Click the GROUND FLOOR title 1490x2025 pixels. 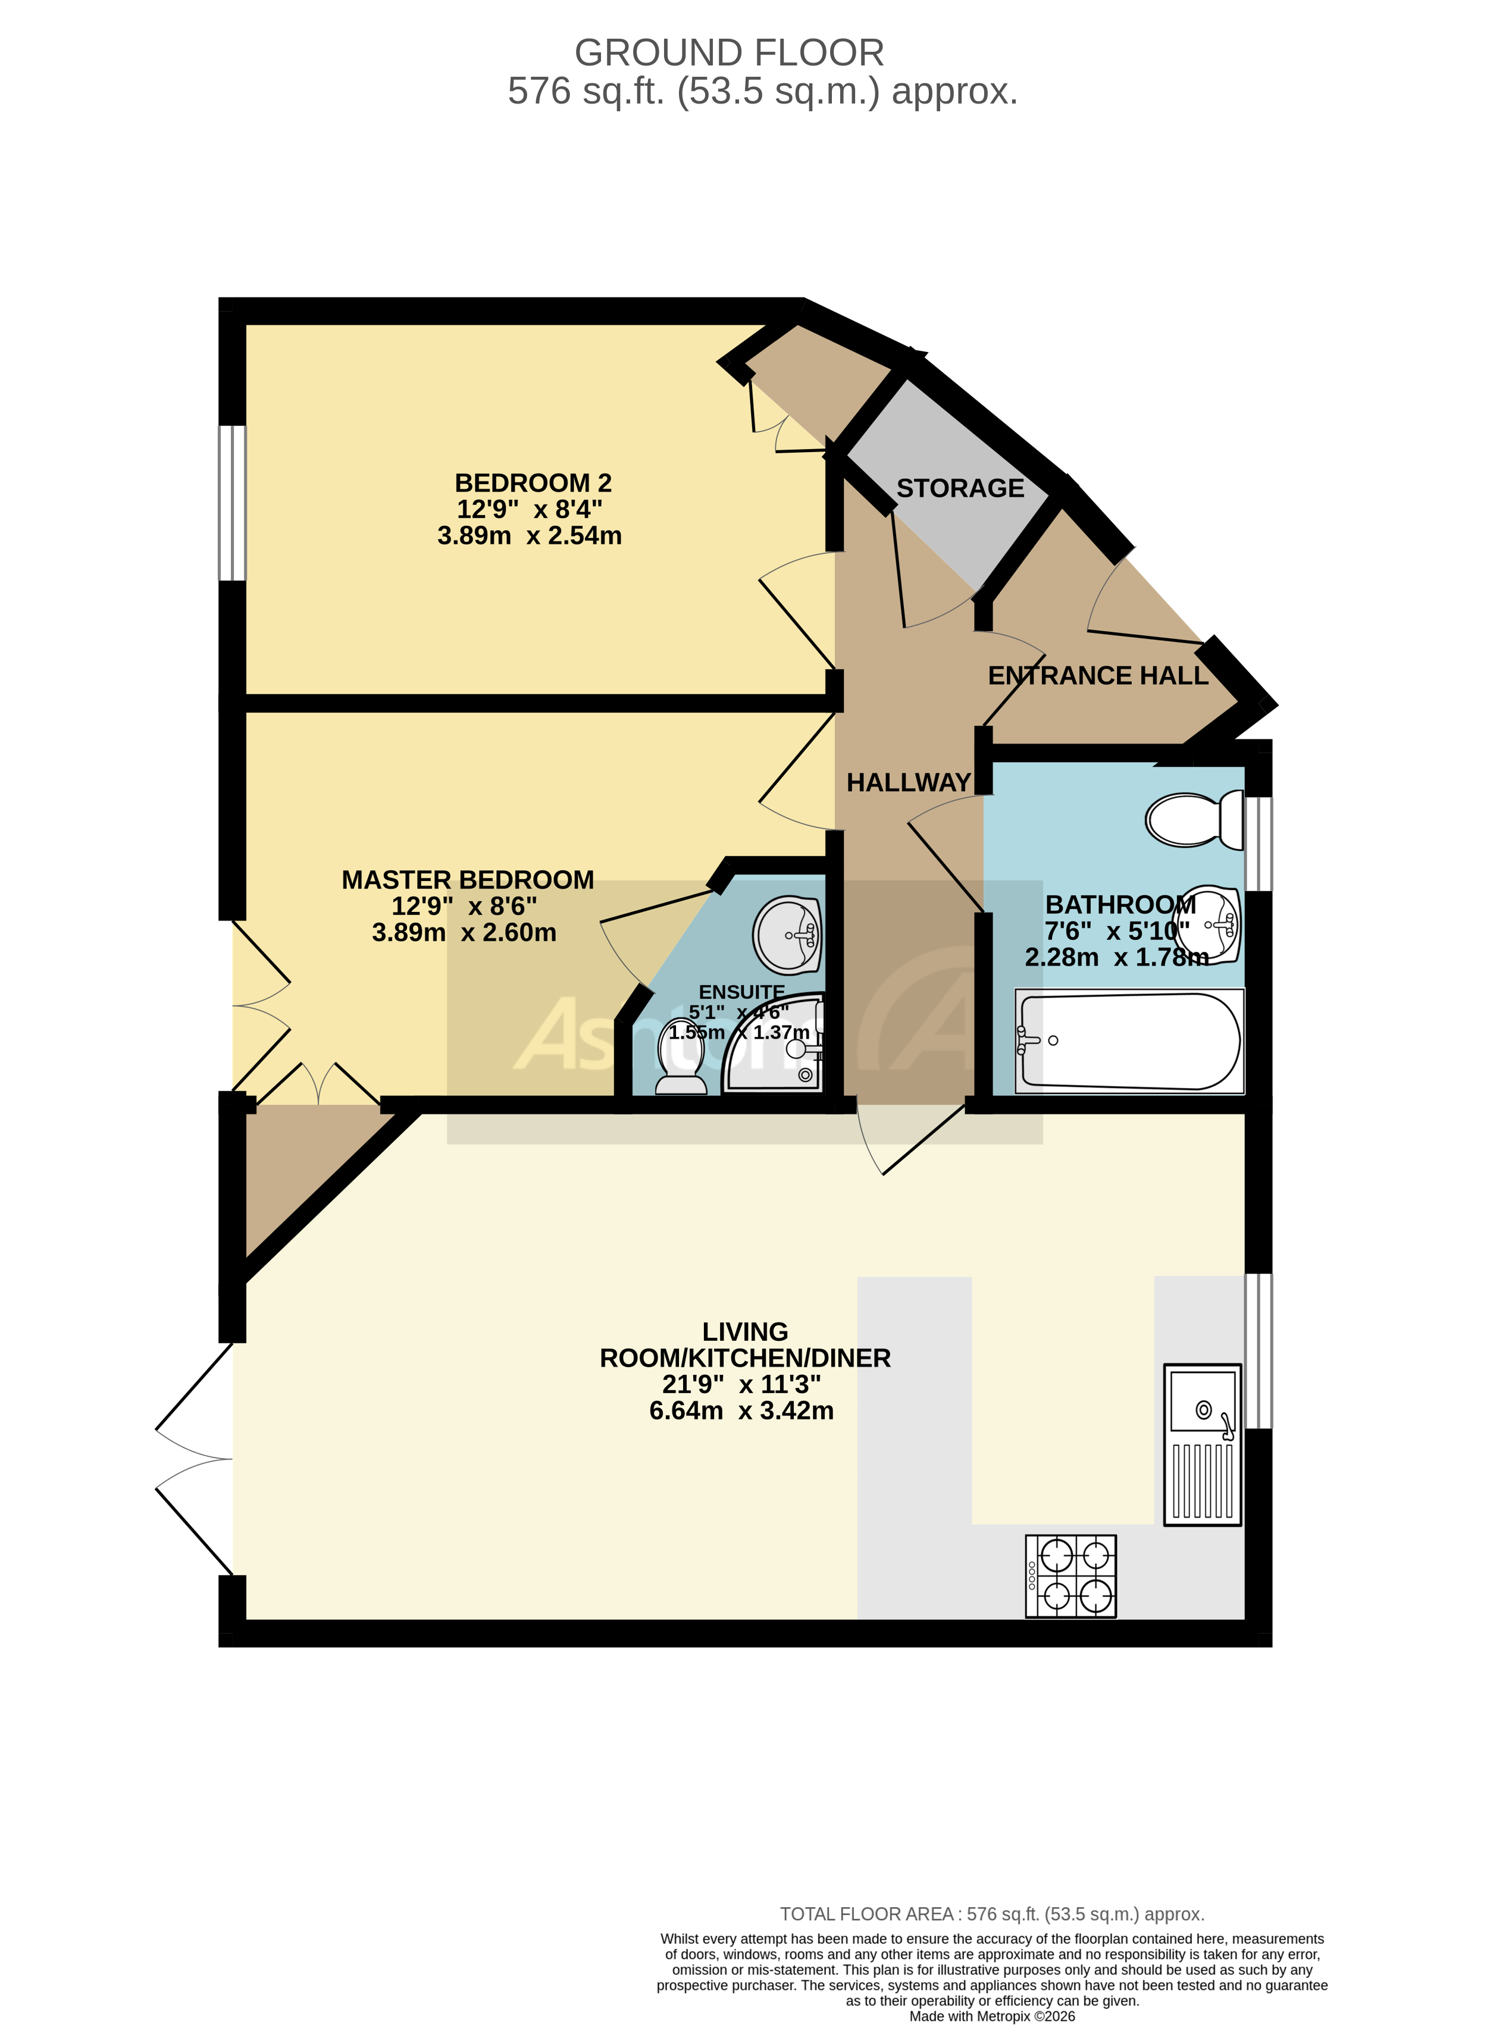tap(729, 53)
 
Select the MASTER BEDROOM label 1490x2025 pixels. tap(467, 880)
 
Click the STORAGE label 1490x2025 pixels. tap(960, 488)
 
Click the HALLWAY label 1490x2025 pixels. tap(907, 783)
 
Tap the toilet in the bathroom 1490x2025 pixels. tap(1193, 820)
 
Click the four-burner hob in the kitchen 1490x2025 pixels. tap(1070, 1575)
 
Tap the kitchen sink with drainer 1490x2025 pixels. tap(1201, 1444)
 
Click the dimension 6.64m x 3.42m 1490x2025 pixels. tap(741, 1411)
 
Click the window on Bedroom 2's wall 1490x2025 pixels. tap(233, 503)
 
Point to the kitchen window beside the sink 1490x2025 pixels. tap(1258, 1350)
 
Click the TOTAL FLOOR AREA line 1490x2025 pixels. tap(991, 1914)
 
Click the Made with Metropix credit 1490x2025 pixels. tap(991, 2017)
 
